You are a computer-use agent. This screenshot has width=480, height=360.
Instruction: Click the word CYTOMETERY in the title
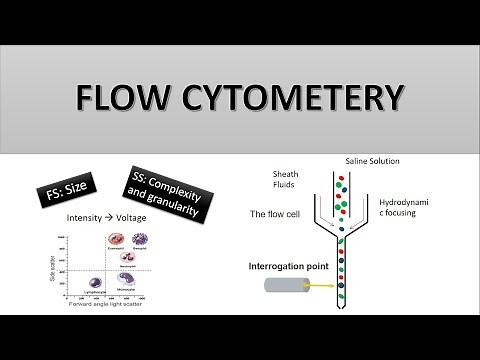click(289, 98)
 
